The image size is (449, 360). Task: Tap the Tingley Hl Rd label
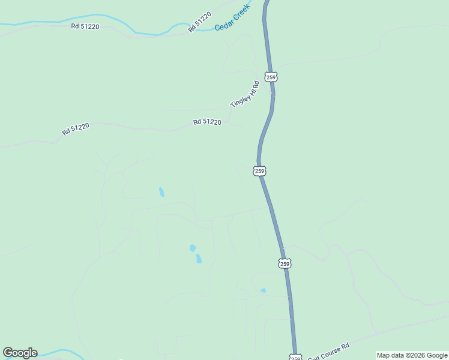[245, 94]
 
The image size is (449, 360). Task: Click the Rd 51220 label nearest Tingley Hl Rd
[207, 122]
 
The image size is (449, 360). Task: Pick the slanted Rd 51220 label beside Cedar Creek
[199, 22]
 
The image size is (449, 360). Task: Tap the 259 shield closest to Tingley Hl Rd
[271, 77]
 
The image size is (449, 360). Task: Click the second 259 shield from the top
[259, 171]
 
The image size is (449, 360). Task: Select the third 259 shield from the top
[285, 263]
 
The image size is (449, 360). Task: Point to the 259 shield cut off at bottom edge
[295, 358]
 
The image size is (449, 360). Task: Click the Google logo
[20, 353]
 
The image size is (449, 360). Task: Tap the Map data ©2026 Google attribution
[412, 355]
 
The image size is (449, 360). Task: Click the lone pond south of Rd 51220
[161, 193]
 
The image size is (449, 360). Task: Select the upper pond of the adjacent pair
[193, 248]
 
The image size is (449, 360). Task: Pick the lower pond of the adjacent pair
[198, 259]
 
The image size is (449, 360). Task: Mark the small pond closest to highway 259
[263, 290]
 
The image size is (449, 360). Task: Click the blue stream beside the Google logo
[57, 352]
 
